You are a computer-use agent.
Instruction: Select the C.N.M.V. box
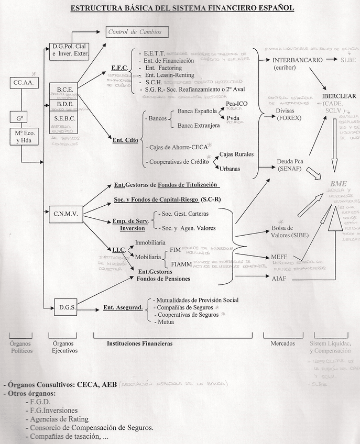(x=66, y=213)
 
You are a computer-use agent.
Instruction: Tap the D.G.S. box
(x=66, y=307)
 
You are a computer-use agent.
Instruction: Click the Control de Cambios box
(x=138, y=32)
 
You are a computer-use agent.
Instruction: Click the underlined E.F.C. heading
(x=120, y=68)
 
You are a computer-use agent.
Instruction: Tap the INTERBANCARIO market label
(x=298, y=60)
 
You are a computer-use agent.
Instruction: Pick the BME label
(x=338, y=183)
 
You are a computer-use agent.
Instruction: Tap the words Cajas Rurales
(x=236, y=154)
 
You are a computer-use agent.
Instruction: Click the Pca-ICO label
(x=236, y=104)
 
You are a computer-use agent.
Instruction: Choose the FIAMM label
(x=181, y=263)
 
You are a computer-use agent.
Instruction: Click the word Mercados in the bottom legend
(x=282, y=343)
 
